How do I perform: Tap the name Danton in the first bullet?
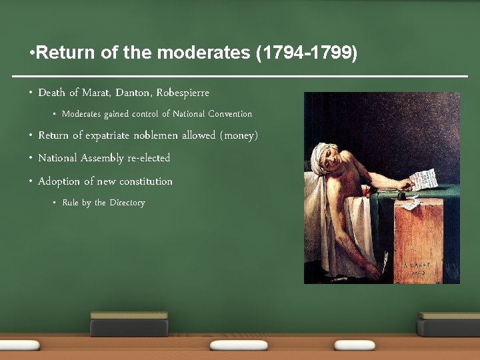[131, 92]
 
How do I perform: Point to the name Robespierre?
[183, 92]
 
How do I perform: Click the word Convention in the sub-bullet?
[231, 114]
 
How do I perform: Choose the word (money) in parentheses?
[239, 135]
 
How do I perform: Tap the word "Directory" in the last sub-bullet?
[127, 203]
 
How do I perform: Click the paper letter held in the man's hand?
[424, 179]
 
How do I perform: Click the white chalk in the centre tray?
[239, 345]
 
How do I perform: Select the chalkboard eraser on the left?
[129, 324]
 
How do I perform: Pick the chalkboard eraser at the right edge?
[449, 324]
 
